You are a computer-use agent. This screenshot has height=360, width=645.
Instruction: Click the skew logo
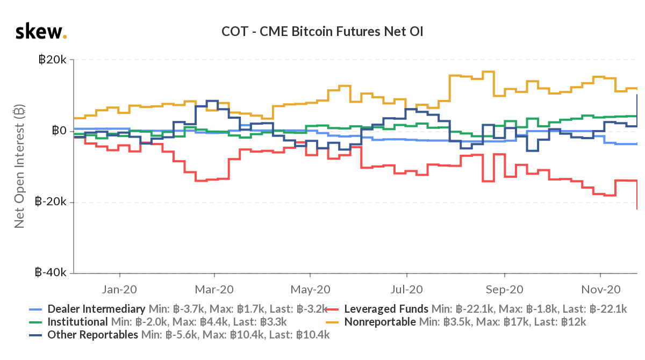(x=41, y=32)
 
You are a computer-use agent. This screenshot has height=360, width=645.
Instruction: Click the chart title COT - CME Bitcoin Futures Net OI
(x=322, y=32)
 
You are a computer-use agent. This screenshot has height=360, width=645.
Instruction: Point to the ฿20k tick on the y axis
(x=52, y=60)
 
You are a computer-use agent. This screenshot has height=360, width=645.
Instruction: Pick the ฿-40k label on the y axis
(x=51, y=272)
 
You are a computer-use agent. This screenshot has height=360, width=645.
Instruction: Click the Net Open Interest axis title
(x=20, y=167)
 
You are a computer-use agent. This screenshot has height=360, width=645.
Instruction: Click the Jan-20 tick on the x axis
(x=119, y=289)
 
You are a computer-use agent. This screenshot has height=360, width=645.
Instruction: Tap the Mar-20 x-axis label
(x=214, y=289)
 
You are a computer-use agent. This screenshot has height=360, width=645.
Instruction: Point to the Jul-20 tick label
(x=406, y=289)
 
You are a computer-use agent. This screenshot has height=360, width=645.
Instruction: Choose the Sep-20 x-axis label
(x=504, y=289)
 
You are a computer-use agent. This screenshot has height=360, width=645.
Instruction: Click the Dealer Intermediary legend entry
(x=96, y=309)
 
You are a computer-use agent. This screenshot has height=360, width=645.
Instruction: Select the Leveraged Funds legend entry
(x=386, y=309)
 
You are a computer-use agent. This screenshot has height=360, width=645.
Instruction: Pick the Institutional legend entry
(x=77, y=322)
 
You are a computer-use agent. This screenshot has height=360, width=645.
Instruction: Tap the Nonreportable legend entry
(x=379, y=322)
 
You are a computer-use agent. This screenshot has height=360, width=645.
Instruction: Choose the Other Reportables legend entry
(x=92, y=335)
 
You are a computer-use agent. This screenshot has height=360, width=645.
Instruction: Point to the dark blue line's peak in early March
(x=212, y=100)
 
